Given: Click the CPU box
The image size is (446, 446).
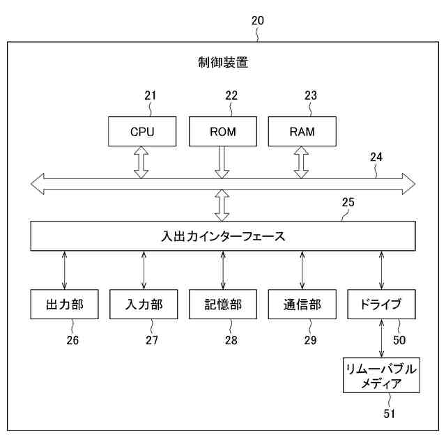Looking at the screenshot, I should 142,131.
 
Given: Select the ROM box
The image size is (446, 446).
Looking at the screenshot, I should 222,131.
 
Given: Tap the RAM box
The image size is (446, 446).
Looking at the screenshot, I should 302,131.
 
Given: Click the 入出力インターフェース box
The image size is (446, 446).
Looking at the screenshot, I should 222,236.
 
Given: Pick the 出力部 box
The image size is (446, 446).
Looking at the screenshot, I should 64,305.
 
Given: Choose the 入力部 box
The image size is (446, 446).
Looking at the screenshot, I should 144,305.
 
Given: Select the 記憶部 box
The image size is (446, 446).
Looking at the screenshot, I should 223,305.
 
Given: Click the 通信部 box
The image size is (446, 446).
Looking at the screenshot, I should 302,305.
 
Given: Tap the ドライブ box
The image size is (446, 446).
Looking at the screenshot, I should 381,305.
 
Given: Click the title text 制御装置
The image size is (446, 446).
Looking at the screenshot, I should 223,63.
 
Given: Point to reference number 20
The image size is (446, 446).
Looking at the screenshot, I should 257,21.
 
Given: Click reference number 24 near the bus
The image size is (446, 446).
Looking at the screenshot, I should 376,157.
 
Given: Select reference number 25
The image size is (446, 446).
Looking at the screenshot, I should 348,203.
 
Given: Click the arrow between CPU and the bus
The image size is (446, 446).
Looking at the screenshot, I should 142,162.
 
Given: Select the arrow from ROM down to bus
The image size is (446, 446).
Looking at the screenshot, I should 222,162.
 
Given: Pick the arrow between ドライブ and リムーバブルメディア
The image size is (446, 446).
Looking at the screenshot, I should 381,339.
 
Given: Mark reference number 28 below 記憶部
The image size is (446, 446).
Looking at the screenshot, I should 231,340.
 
